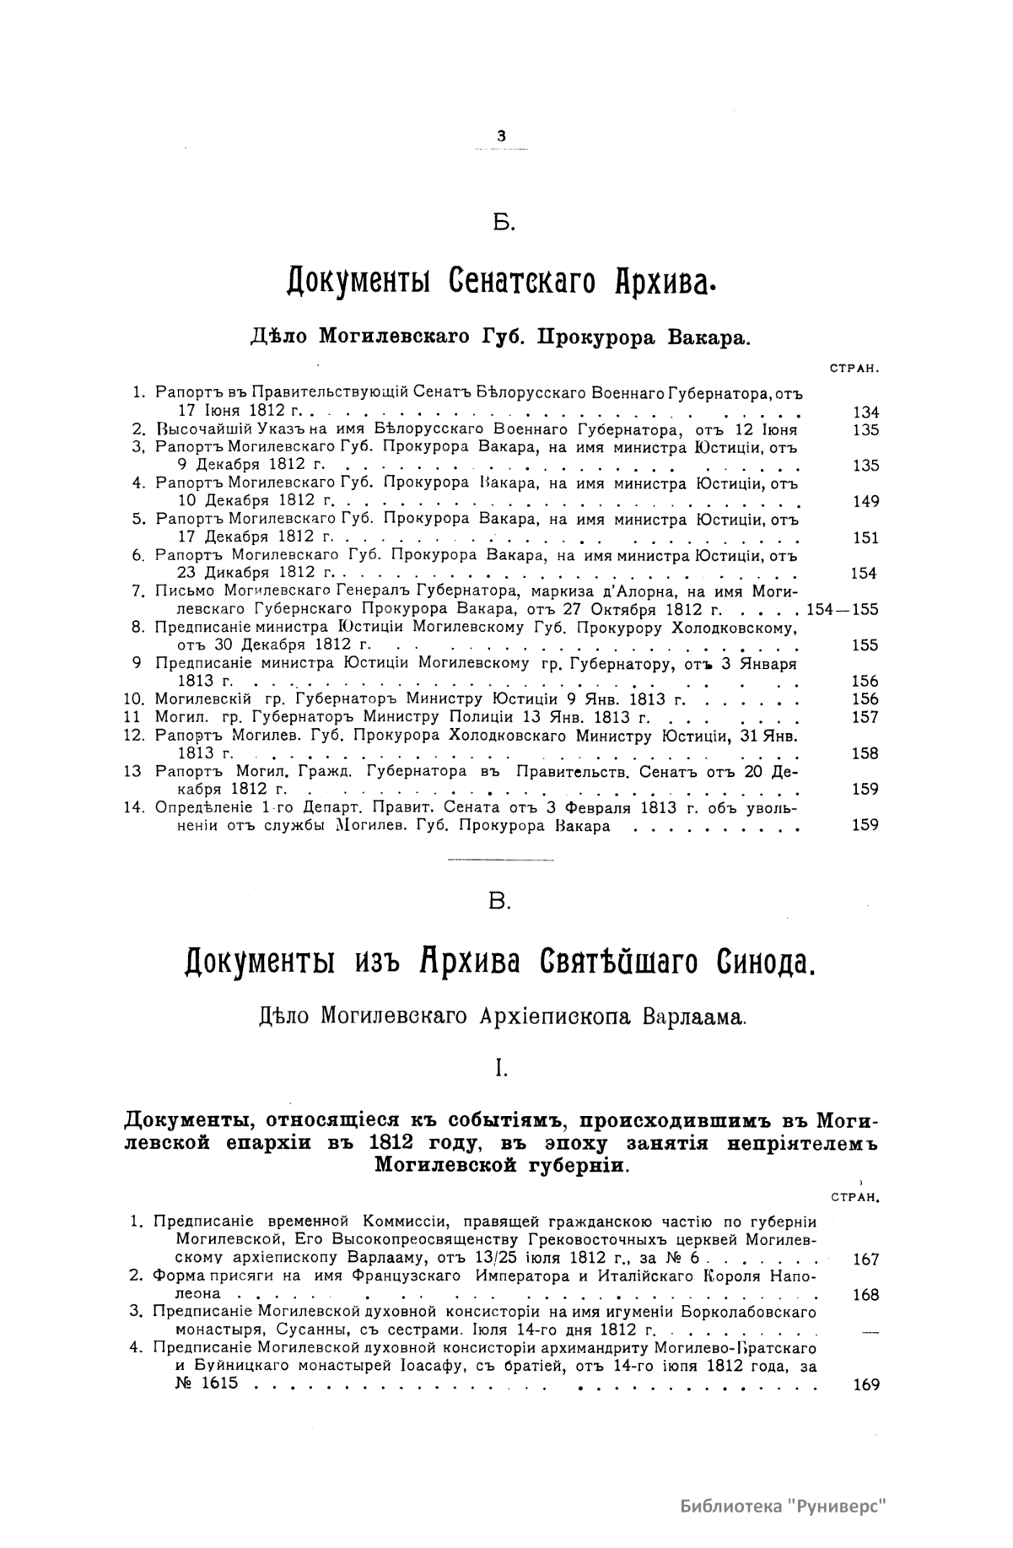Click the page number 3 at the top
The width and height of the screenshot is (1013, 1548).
502,135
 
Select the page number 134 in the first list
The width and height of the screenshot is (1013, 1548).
865,413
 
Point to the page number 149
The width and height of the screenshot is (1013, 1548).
865,502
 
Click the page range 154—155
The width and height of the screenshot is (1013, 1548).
843,609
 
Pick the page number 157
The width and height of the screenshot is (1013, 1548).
865,717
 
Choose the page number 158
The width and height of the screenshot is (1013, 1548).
865,753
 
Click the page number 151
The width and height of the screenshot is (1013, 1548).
865,538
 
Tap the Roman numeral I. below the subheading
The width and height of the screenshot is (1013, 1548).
501,1069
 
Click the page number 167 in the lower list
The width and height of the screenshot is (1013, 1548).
865,1259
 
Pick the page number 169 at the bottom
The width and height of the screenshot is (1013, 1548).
865,1384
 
